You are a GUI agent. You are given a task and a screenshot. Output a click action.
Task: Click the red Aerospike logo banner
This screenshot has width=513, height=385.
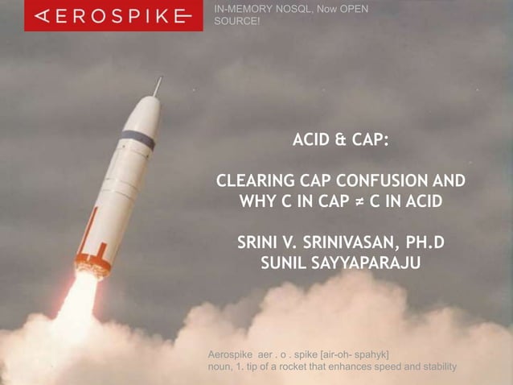pos(108,15)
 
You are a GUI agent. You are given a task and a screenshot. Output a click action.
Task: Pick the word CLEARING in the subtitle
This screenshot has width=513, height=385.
pos(251,180)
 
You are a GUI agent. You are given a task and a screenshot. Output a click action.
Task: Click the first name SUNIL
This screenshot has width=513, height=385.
pos(284,263)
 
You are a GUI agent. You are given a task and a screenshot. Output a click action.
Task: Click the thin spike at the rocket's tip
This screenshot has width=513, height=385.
pos(158,85)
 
